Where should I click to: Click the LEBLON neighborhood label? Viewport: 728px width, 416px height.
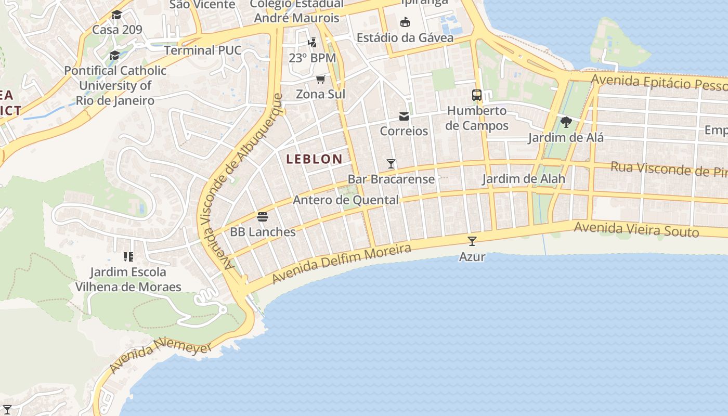coord(314,159)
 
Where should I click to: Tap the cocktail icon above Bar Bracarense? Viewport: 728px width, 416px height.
coord(391,164)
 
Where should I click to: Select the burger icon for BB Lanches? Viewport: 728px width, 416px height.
coord(263,216)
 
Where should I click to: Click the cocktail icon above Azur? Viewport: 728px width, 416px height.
coord(472,241)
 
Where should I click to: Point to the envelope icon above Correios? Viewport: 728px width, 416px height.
coord(404,116)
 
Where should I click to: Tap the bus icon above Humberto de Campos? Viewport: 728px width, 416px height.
coord(477,95)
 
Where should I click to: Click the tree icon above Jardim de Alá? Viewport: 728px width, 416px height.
coord(566,123)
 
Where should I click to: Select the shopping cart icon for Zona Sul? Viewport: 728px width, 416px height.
coord(320,79)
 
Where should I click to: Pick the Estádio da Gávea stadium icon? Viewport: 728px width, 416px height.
coord(405,22)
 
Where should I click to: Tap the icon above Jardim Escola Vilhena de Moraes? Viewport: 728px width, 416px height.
coord(128,256)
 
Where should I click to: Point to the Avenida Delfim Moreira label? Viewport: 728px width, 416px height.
coord(342,264)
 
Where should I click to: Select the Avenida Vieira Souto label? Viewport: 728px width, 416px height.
coord(636,229)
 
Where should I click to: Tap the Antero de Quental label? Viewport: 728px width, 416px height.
coord(346,200)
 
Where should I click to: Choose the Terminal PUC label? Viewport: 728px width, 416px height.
coord(203,50)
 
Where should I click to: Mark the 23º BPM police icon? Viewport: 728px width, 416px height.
coord(312,43)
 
